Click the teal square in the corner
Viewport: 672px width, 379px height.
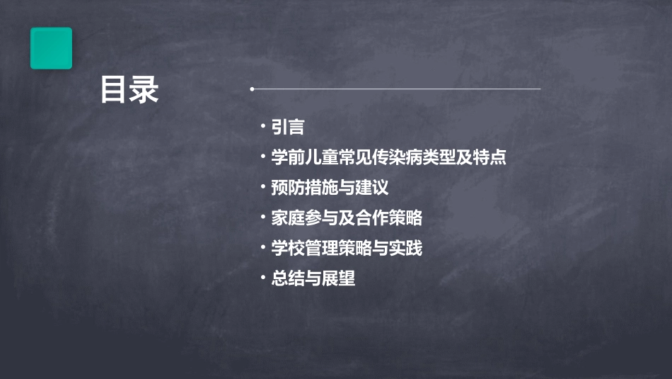click(x=51, y=48)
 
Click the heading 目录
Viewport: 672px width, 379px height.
click(x=129, y=90)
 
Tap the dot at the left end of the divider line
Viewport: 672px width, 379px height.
click(x=252, y=89)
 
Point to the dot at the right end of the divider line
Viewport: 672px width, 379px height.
click(x=540, y=89)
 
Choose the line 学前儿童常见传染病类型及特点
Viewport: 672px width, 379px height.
click(x=388, y=157)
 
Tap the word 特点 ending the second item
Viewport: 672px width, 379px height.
click(x=489, y=157)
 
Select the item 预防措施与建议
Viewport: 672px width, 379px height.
click(x=330, y=188)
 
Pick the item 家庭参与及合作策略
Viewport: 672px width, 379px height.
click(x=347, y=218)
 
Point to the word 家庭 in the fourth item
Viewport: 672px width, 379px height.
click(x=288, y=218)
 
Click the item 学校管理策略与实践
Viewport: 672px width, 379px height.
click(x=347, y=249)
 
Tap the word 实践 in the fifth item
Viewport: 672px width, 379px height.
click(x=406, y=249)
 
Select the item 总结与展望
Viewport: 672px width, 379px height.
click(x=313, y=279)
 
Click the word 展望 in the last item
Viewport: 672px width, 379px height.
click(x=338, y=279)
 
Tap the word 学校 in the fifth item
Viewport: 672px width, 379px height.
click(x=288, y=249)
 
